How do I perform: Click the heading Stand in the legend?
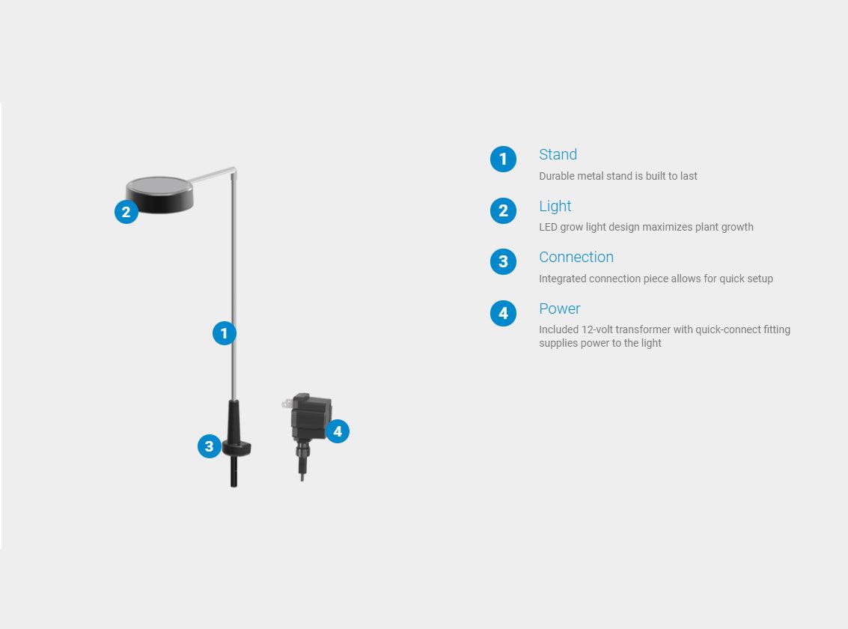tap(558, 155)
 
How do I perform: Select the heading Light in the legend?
tap(555, 206)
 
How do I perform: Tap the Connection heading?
tap(576, 257)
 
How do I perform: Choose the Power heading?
tap(559, 309)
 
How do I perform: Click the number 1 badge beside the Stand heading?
tap(503, 159)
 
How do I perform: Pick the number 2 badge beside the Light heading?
tap(503, 210)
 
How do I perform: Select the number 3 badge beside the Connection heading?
tap(503, 262)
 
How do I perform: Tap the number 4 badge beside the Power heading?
tap(503, 313)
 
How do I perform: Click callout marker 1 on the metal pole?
tap(224, 333)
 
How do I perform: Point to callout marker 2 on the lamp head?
tap(126, 211)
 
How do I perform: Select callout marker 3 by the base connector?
tap(210, 446)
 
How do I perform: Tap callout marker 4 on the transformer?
tap(338, 431)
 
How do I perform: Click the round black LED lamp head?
tap(159, 194)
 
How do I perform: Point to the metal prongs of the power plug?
tap(287, 404)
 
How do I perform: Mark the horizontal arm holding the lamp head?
tap(212, 174)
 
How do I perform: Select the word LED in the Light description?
tap(548, 227)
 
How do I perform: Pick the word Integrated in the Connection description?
tap(562, 279)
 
